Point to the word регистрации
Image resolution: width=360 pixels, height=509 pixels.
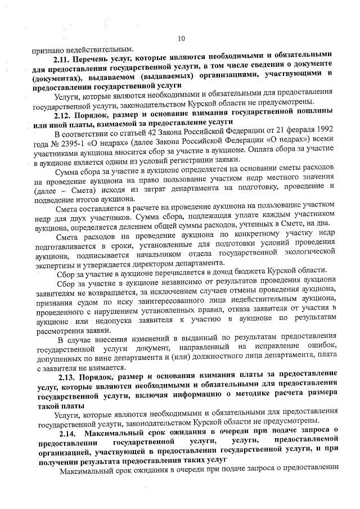(x=194, y=163)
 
